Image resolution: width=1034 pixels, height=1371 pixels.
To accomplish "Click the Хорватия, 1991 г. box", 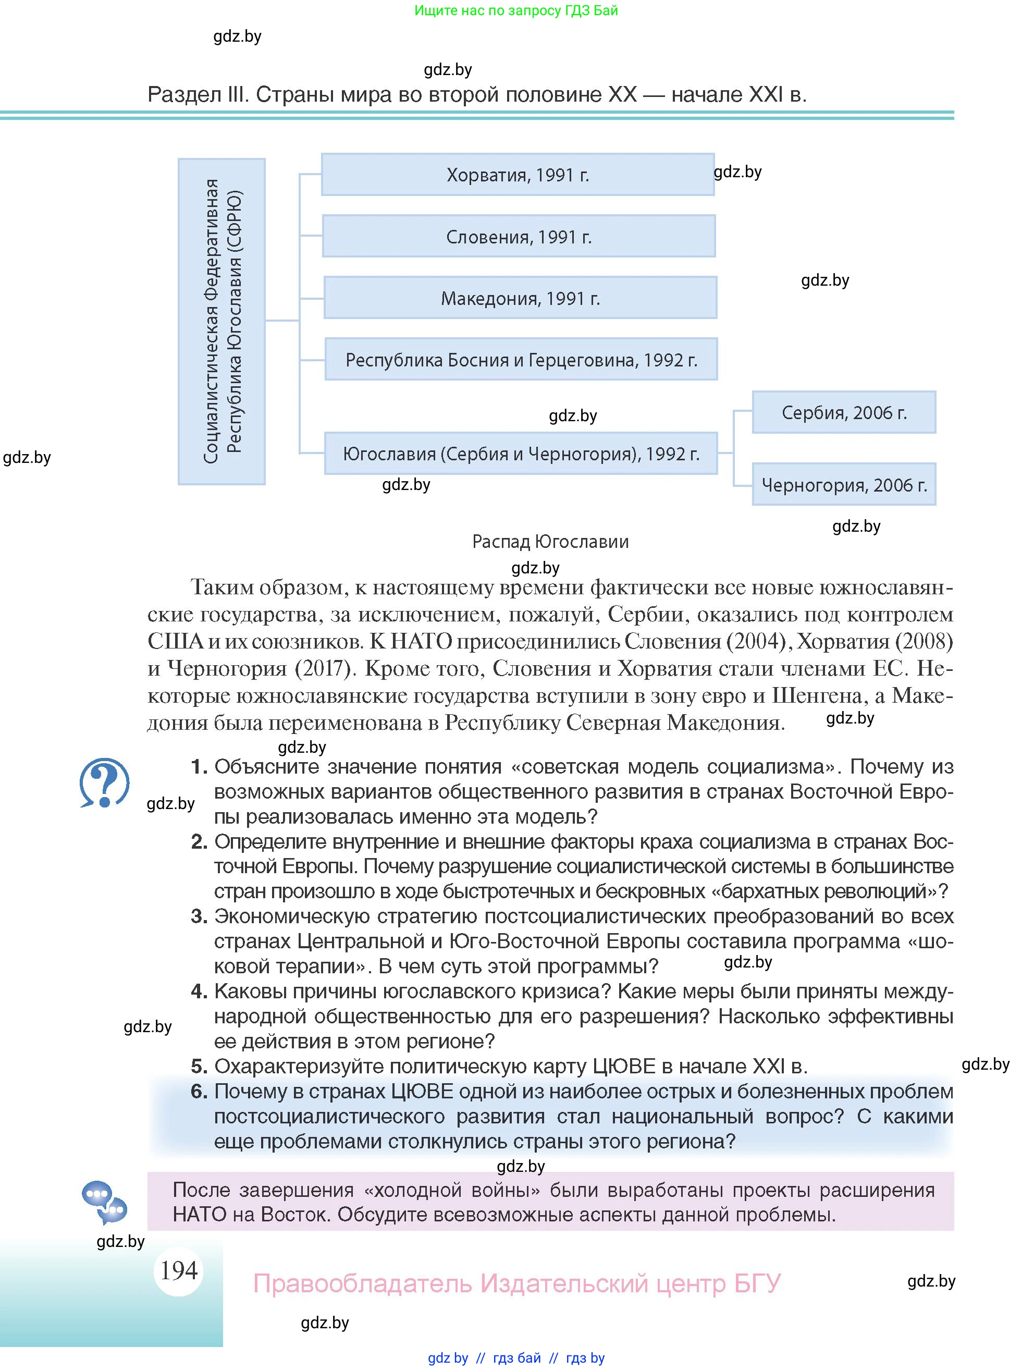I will (518, 175).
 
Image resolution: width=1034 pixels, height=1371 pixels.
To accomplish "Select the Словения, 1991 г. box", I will (519, 236).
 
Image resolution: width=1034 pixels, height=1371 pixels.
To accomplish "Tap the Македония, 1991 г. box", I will (520, 298).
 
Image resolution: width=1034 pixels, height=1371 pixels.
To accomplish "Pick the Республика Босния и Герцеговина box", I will (521, 360).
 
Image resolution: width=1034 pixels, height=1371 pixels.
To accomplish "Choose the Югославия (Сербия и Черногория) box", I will (521, 454).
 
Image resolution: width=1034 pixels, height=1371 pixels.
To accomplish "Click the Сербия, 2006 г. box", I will (843, 412).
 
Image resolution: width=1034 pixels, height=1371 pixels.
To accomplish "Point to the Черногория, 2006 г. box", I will (843, 485).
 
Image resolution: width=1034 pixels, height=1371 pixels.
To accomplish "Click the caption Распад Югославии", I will (550, 542).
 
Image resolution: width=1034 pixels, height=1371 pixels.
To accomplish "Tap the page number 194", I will (178, 1270).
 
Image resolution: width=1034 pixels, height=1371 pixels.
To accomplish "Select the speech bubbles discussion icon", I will (105, 1203).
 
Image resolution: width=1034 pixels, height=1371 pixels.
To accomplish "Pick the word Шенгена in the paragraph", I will (817, 695).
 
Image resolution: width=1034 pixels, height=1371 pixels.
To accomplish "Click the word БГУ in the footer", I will (757, 1283).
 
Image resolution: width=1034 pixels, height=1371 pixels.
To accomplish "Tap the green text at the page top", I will (516, 10).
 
